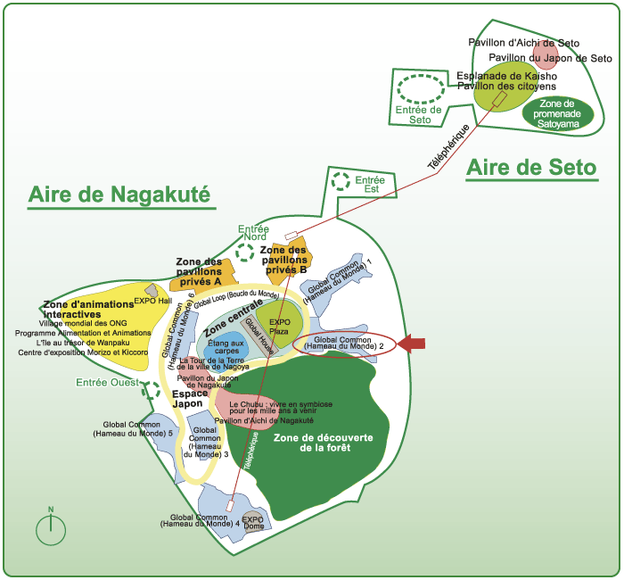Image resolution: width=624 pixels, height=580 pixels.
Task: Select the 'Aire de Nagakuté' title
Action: click(119, 195)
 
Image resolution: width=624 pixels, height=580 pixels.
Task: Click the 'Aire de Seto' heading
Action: click(531, 167)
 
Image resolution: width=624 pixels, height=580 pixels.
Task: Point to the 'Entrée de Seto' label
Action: click(420, 114)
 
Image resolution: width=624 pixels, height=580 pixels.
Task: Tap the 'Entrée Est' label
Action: click(369, 185)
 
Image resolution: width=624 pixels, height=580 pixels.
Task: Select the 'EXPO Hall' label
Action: click(152, 301)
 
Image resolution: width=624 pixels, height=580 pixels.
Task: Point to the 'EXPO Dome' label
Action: click(253, 522)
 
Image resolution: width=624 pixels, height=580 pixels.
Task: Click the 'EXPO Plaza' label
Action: click(280, 327)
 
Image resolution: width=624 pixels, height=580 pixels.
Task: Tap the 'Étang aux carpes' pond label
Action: click(226, 346)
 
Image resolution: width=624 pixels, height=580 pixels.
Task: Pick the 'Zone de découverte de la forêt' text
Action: click(324, 441)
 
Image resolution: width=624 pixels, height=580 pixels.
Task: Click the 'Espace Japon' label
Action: click(189, 398)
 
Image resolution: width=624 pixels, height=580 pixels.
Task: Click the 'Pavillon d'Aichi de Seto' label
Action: click(524, 42)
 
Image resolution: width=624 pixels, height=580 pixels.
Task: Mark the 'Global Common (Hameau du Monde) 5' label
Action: click(137, 428)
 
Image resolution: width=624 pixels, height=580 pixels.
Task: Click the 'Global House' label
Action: click(261, 336)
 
